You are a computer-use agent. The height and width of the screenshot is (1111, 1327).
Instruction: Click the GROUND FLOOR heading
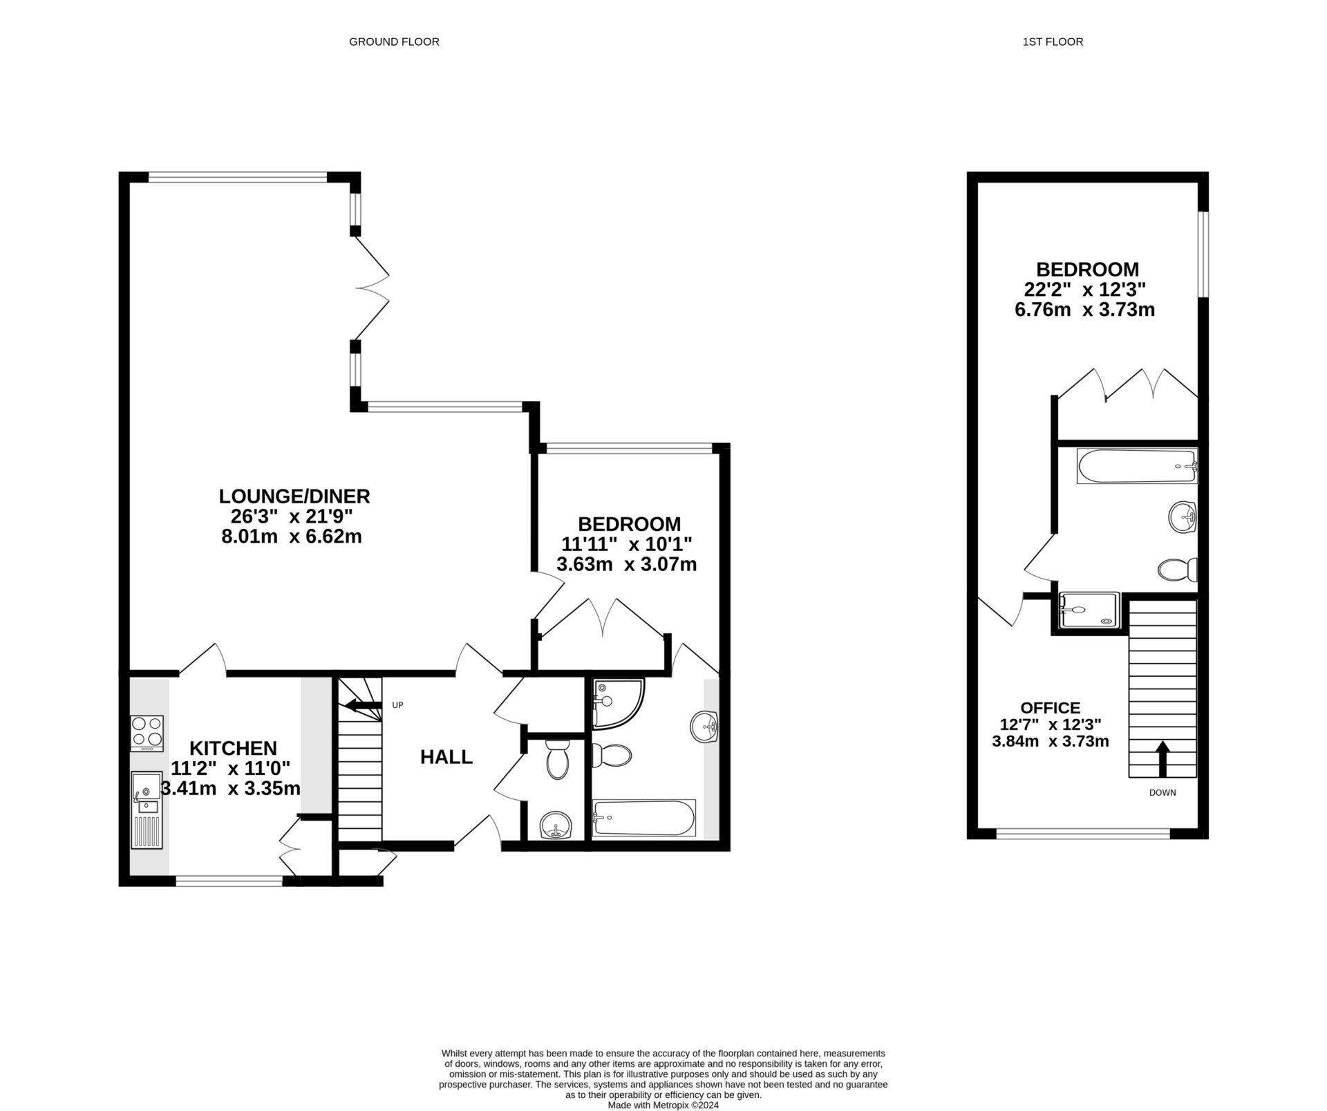pos(394,41)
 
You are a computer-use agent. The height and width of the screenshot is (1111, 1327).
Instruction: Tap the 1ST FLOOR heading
pos(1053,41)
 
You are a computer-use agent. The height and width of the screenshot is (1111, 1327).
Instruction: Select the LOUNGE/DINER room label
pos(294,496)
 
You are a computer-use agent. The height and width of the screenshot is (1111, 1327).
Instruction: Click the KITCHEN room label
pos(233,748)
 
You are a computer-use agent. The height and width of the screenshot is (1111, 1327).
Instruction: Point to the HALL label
pos(446,757)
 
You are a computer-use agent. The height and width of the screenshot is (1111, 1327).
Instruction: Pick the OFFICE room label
pos(1050,708)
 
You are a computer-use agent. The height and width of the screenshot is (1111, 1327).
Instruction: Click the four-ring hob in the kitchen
pos(147,733)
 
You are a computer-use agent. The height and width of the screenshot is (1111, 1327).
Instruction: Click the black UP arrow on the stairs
pos(362,706)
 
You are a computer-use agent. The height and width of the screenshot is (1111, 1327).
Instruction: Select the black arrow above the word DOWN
pos(1163,759)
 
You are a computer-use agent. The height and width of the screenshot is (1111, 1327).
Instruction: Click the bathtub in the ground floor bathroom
pos(643,818)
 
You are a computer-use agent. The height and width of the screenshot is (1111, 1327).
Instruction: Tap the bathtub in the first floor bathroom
pos(1136,467)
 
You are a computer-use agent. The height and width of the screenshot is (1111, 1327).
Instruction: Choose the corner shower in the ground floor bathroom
pos(615,702)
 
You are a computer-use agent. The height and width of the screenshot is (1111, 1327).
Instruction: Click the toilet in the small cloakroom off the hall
pos(556,760)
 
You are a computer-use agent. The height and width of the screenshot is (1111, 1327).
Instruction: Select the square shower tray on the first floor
pos(1089,610)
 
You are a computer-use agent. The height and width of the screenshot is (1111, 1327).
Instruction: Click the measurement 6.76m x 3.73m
pos(1084,310)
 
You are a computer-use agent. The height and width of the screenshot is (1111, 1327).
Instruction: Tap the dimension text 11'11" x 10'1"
pos(626,544)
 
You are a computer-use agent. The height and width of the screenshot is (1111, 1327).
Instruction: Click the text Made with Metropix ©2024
pos(663,1105)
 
